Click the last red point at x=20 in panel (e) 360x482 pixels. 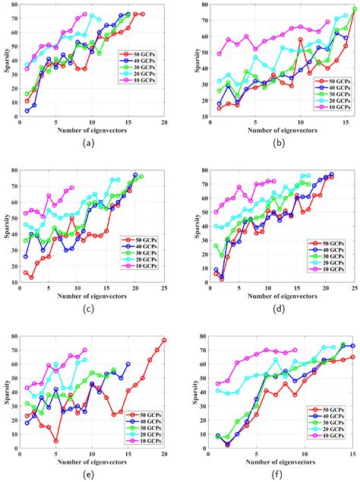click(x=164, y=340)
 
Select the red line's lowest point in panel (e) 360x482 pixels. click(x=55, y=440)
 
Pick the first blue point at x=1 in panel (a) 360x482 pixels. click(x=27, y=111)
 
